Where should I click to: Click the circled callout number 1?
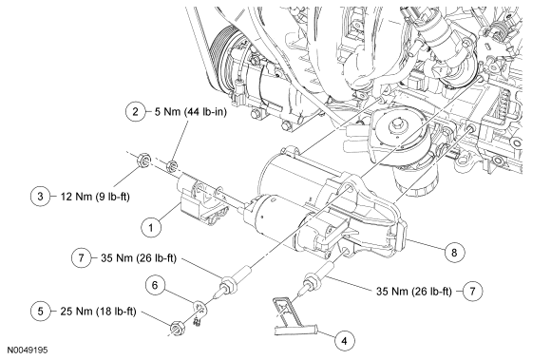click(x=151, y=228)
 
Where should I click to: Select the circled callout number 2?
click(x=135, y=112)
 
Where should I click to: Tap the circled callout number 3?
click(x=40, y=196)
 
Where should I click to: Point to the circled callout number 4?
click(x=344, y=341)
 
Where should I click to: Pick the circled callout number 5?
click(x=41, y=312)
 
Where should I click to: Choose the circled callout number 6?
click(x=155, y=285)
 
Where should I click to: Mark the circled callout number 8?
click(x=454, y=252)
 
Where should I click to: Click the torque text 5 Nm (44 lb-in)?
click(x=191, y=112)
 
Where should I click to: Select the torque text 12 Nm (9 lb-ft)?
click(x=95, y=197)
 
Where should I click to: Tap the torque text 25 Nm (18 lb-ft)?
click(x=98, y=312)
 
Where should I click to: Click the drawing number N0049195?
click(x=28, y=350)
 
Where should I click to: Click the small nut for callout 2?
click(x=171, y=165)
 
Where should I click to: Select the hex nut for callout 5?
click(x=176, y=328)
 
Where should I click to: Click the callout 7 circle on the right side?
click(x=472, y=291)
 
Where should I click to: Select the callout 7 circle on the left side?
click(x=81, y=257)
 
